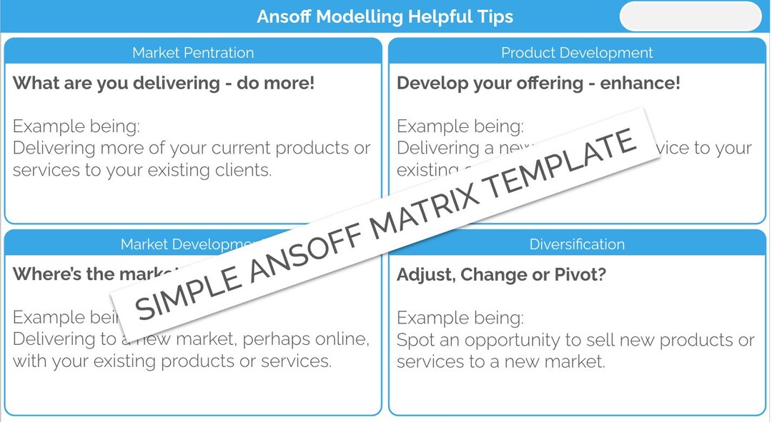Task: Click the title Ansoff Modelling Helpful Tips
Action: click(385, 16)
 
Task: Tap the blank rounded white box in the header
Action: click(691, 16)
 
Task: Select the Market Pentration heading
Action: click(193, 53)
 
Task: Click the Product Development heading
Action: click(577, 53)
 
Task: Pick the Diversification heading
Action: click(577, 244)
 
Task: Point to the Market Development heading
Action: click(186, 244)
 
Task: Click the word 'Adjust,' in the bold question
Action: click(425, 275)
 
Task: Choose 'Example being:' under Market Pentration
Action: click(76, 126)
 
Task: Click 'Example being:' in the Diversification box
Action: click(460, 318)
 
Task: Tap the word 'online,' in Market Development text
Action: click(342, 339)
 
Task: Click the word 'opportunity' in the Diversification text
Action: click(515, 341)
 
